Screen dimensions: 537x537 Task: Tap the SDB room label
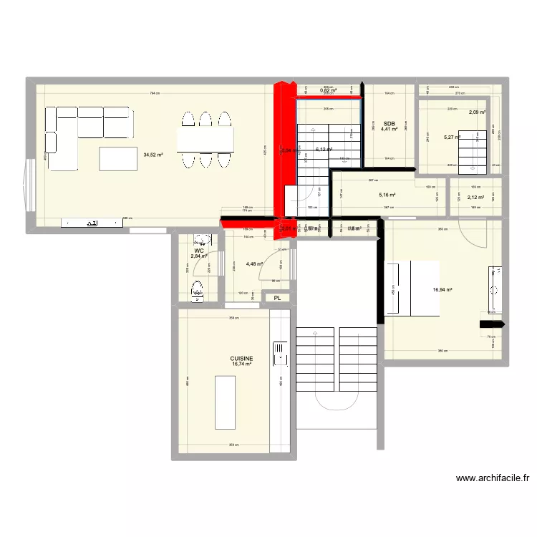pyautogui.click(x=389, y=122)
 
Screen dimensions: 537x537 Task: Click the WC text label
pyautogui.click(x=198, y=250)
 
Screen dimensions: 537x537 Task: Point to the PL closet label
pyautogui.click(x=276, y=297)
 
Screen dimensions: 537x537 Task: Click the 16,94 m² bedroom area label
pyautogui.click(x=443, y=290)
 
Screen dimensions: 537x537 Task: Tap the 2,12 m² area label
pyautogui.click(x=475, y=198)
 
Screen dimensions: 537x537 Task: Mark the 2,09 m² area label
pyautogui.click(x=478, y=112)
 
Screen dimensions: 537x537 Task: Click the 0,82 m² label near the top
pyautogui.click(x=328, y=90)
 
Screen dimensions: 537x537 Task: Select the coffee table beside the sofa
pyautogui.click(x=118, y=158)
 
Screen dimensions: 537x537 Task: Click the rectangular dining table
pyautogui.click(x=206, y=140)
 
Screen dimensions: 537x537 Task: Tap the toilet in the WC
pyautogui.click(x=197, y=291)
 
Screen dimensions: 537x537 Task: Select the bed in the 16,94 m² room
pyautogui.click(x=412, y=287)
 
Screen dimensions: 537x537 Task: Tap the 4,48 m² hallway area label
pyautogui.click(x=254, y=263)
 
